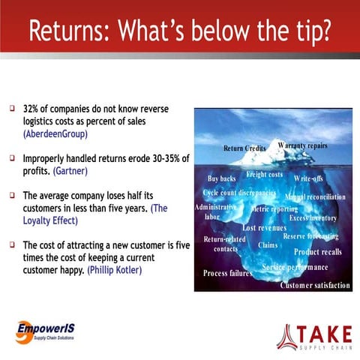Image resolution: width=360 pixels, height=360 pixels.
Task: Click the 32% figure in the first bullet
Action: [33, 109]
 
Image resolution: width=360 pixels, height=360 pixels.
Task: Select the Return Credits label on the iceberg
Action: [245, 148]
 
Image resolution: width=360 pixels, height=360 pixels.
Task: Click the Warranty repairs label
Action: [302, 145]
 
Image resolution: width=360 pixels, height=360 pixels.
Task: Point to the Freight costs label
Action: [264, 175]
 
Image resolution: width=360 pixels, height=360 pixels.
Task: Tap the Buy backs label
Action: [221, 178]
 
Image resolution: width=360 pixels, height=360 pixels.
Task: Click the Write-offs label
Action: [308, 178]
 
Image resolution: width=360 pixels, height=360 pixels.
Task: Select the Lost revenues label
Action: [270, 227]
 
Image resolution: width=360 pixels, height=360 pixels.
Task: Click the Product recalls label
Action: [317, 252]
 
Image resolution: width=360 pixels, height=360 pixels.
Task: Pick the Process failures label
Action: [227, 273]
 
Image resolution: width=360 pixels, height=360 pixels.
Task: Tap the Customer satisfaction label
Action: [315, 286]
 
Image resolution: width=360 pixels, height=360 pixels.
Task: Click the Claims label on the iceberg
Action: [268, 244]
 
